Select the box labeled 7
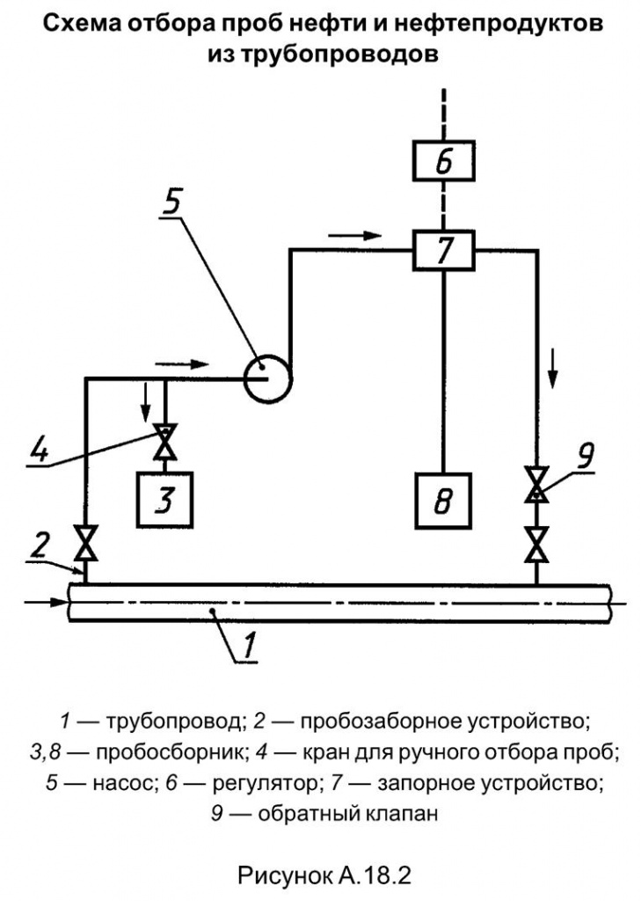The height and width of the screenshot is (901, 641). point(443,252)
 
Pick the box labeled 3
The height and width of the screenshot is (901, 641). point(165,502)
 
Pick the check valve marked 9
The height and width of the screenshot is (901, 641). point(535,485)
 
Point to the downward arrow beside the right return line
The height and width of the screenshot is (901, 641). point(553,368)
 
